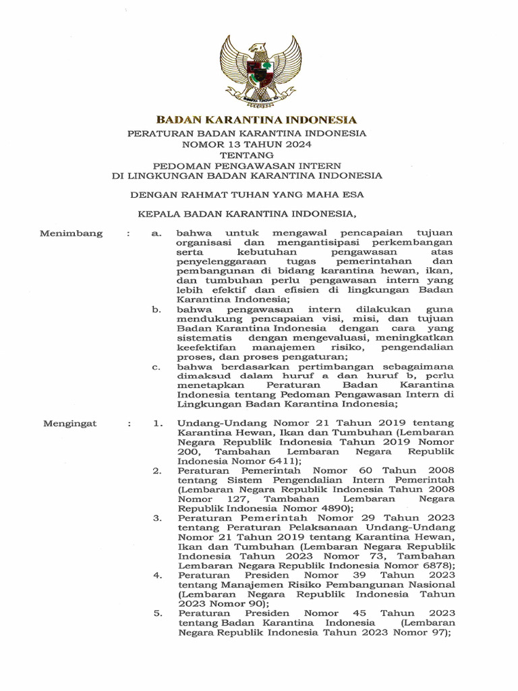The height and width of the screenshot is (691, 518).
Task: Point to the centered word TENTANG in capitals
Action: [248, 155]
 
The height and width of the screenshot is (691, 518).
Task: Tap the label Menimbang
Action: [71, 233]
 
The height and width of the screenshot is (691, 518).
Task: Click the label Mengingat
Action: [70, 423]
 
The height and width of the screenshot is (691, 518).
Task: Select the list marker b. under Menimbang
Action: [156, 309]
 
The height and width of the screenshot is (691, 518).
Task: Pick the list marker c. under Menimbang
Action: [156, 366]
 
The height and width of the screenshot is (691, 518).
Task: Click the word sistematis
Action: [205, 337]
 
